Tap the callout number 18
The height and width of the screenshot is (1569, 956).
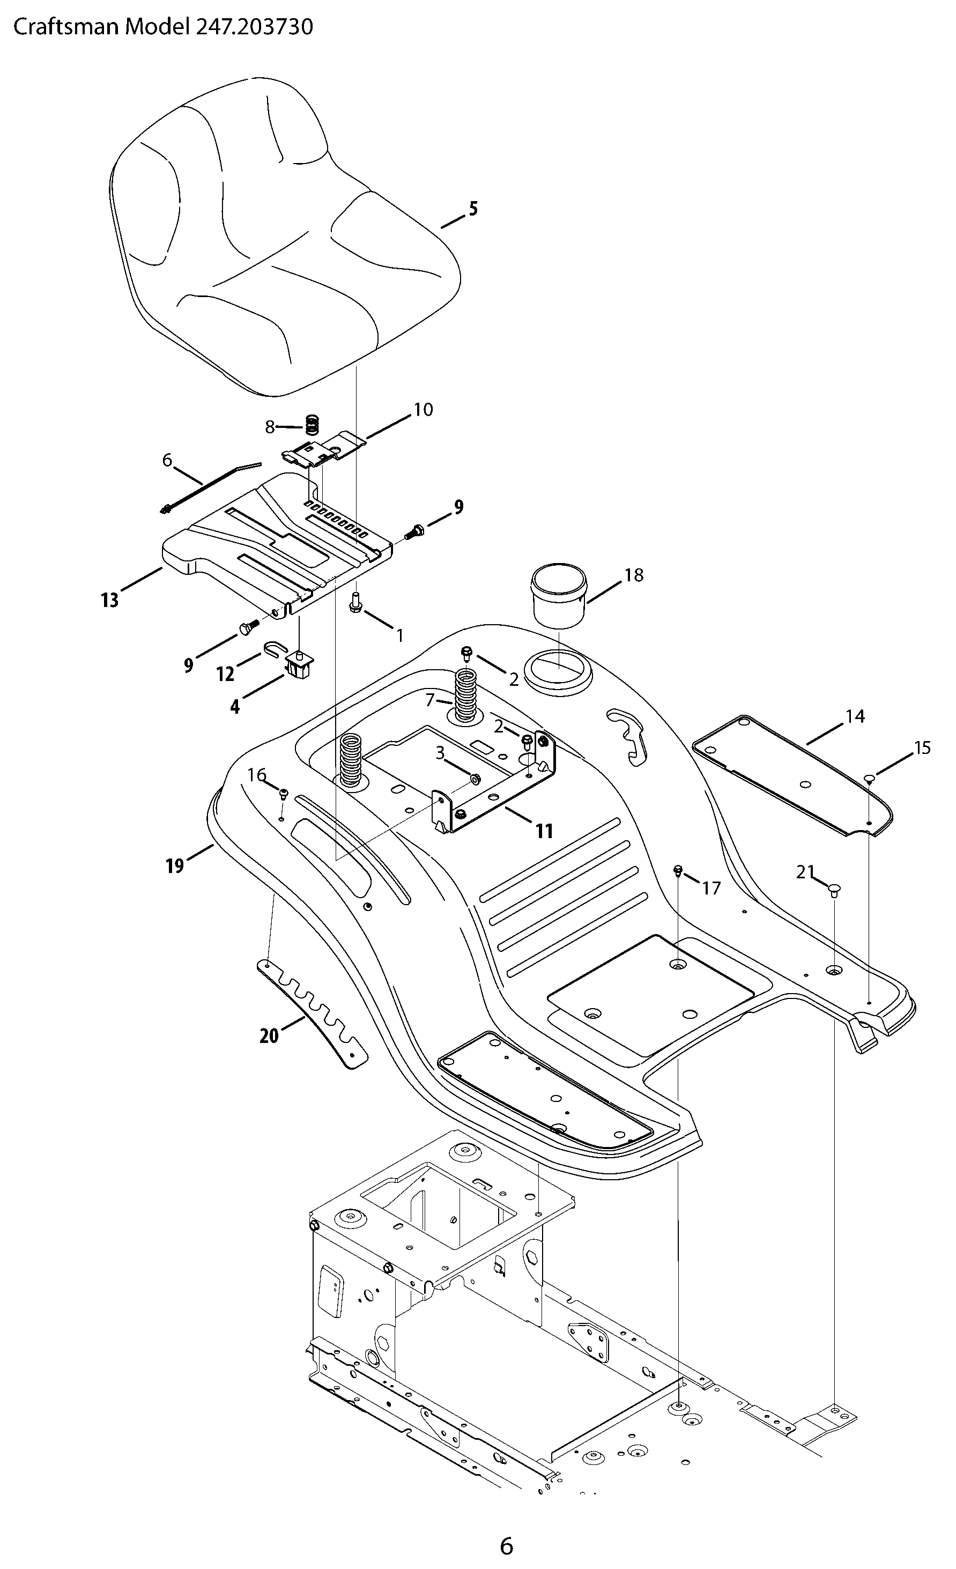point(634,575)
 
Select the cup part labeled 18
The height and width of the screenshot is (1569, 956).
point(559,595)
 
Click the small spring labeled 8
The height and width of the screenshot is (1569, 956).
point(312,425)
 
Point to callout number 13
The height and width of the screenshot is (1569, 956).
point(109,600)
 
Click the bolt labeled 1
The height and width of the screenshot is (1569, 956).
point(355,602)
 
